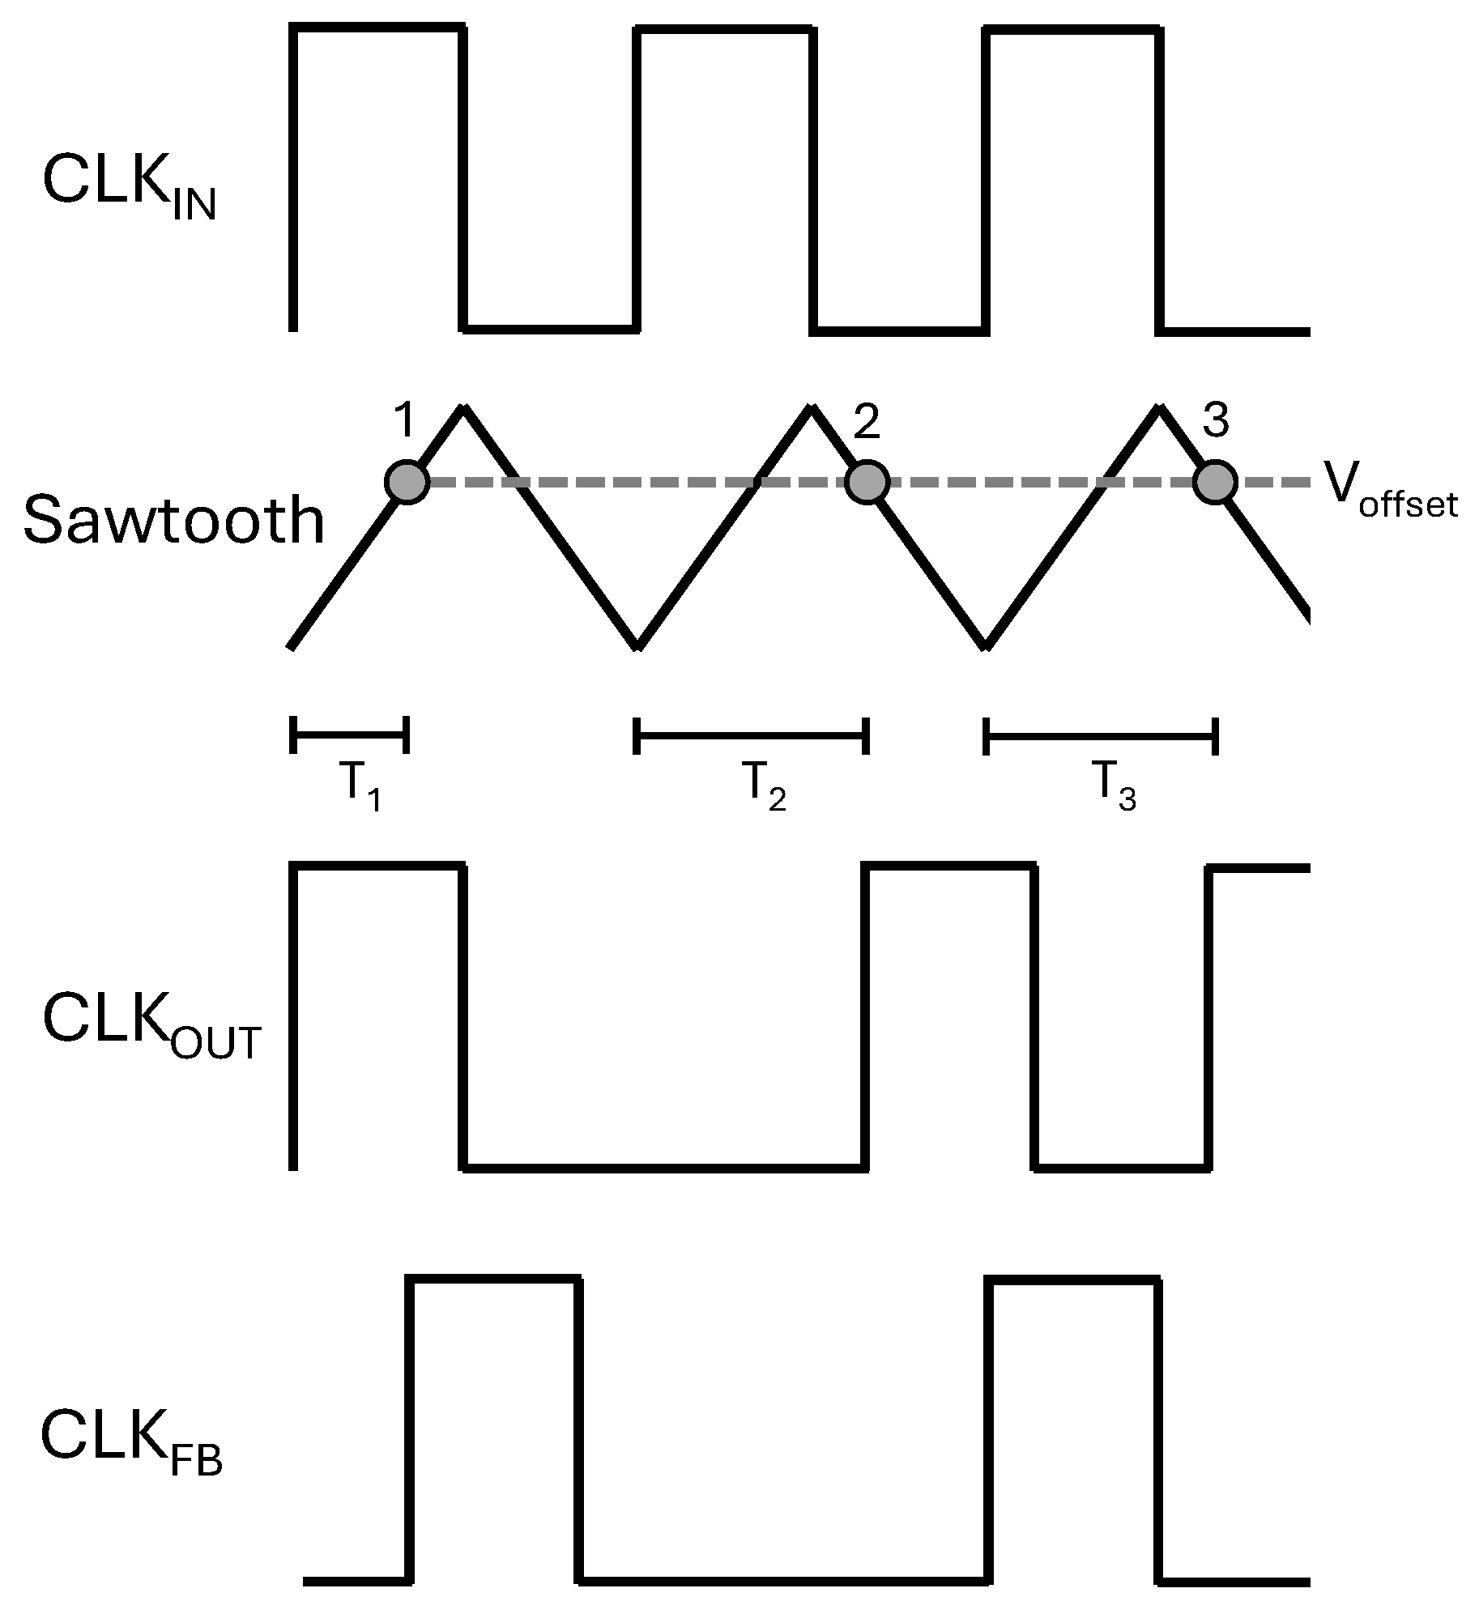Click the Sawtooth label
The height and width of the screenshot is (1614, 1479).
(173, 521)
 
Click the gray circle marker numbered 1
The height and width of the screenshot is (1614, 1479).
(406, 483)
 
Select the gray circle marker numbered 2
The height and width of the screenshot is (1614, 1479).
(867, 483)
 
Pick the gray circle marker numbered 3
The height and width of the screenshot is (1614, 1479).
(1215, 483)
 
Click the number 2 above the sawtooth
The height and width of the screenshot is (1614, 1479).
(867, 423)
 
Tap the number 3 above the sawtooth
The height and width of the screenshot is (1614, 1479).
(1215, 421)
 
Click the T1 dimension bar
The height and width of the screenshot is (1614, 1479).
(349, 735)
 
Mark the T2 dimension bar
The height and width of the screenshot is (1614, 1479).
(752, 735)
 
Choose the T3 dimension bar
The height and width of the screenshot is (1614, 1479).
(1100, 735)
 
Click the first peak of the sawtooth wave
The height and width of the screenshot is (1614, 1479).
(463, 408)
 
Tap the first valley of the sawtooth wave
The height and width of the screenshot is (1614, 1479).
(637, 645)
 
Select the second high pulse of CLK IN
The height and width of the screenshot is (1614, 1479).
(723, 31)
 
